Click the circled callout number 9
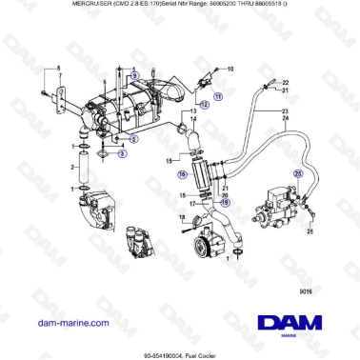(134, 74)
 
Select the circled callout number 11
(216, 96)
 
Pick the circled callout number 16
(181, 174)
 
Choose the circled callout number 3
(122, 154)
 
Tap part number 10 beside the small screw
(229, 70)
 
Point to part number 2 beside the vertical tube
(72, 168)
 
